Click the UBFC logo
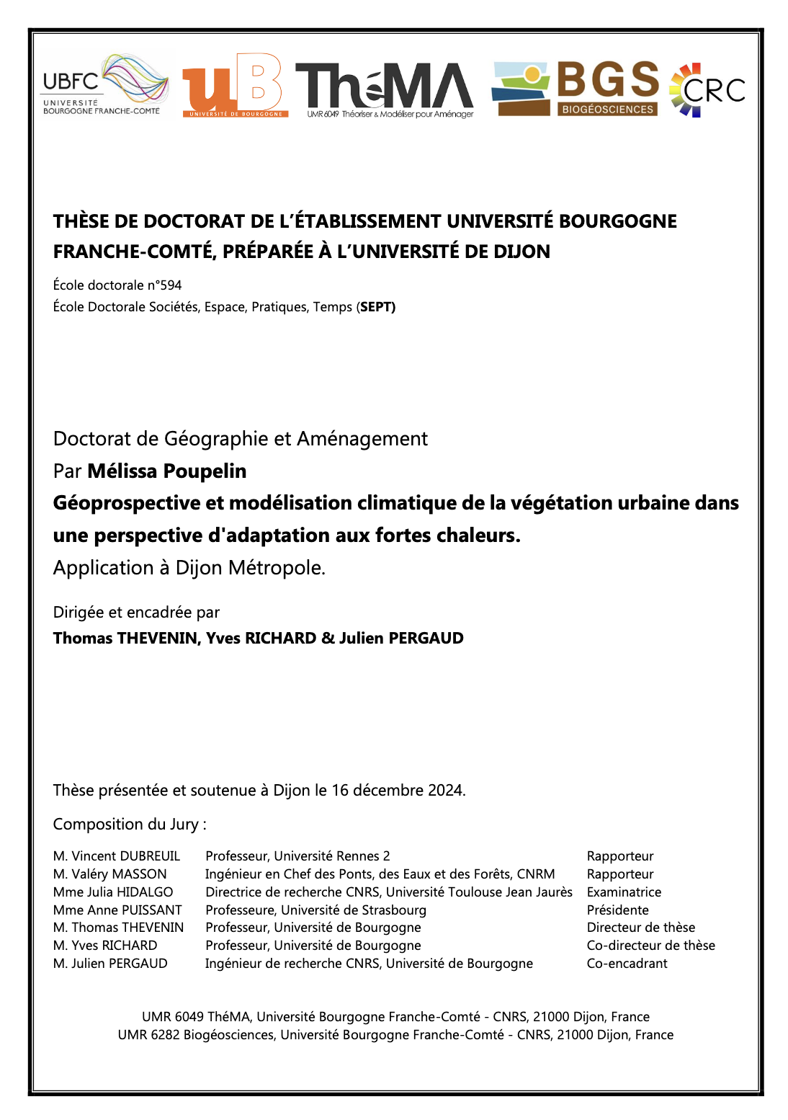[105, 85]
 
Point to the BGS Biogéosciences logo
[576, 89]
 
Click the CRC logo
[707, 90]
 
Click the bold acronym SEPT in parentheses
[377, 307]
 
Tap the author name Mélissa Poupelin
[167, 471]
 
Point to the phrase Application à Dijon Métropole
[189, 568]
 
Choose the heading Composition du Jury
[130, 825]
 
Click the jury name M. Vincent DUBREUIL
[117, 856]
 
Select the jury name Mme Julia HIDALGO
[113, 892]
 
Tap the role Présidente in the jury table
[618, 910]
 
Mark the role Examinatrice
[624, 892]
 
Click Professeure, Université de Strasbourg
[315, 910]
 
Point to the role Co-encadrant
[627, 964]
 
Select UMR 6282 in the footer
[148, 1035]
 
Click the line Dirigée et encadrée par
[136, 613]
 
